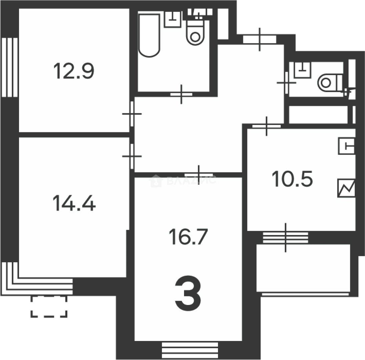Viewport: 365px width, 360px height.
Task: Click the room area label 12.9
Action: [x=74, y=71]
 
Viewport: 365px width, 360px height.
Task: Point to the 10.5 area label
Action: [x=292, y=179]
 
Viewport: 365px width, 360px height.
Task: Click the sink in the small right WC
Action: [x=302, y=69]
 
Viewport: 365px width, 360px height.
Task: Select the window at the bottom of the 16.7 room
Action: [x=190, y=350]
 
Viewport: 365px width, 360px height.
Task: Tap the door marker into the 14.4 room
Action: [x=132, y=156]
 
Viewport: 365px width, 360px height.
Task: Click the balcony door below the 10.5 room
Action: [x=286, y=237]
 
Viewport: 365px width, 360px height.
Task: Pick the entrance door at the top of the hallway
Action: [x=260, y=39]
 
